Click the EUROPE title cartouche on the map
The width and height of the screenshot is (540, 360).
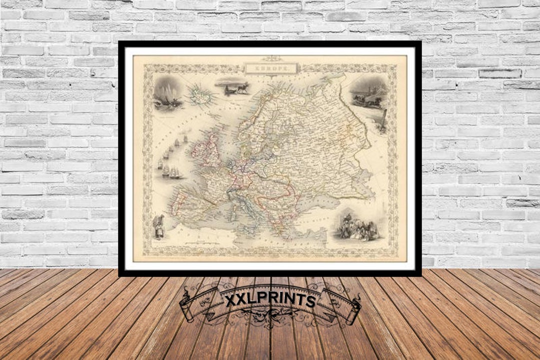point(271,67)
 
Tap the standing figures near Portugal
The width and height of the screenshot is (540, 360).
point(159,225)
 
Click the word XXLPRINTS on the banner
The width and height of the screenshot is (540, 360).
point(270,300)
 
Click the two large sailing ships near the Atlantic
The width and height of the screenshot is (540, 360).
point(171,172)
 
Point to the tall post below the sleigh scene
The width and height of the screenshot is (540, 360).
point(383,121)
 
